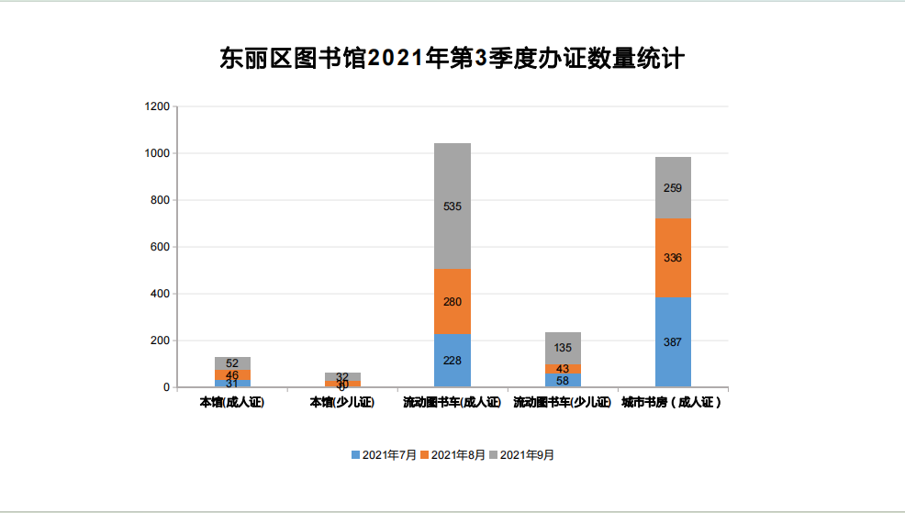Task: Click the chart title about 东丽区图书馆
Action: (452, 59)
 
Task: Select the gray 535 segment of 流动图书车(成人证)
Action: (452, 206)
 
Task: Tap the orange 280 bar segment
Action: (452, 302)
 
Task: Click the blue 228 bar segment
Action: (452, 360)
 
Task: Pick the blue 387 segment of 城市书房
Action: (673, 341)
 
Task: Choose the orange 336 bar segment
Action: (673, 258)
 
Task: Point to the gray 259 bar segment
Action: (673, 188)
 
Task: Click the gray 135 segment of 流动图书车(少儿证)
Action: (563, 348)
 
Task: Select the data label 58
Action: (563, 380)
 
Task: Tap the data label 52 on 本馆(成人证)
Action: (232, 363)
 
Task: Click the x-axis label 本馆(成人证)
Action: (232, 403)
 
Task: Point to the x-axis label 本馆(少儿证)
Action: (342, 403)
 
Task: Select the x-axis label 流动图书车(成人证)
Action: (452, 403)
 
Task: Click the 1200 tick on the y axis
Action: (157, 106)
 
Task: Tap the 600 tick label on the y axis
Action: (160, 247)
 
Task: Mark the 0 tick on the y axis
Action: (165, 387)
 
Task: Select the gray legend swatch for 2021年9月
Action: (494, 454)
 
